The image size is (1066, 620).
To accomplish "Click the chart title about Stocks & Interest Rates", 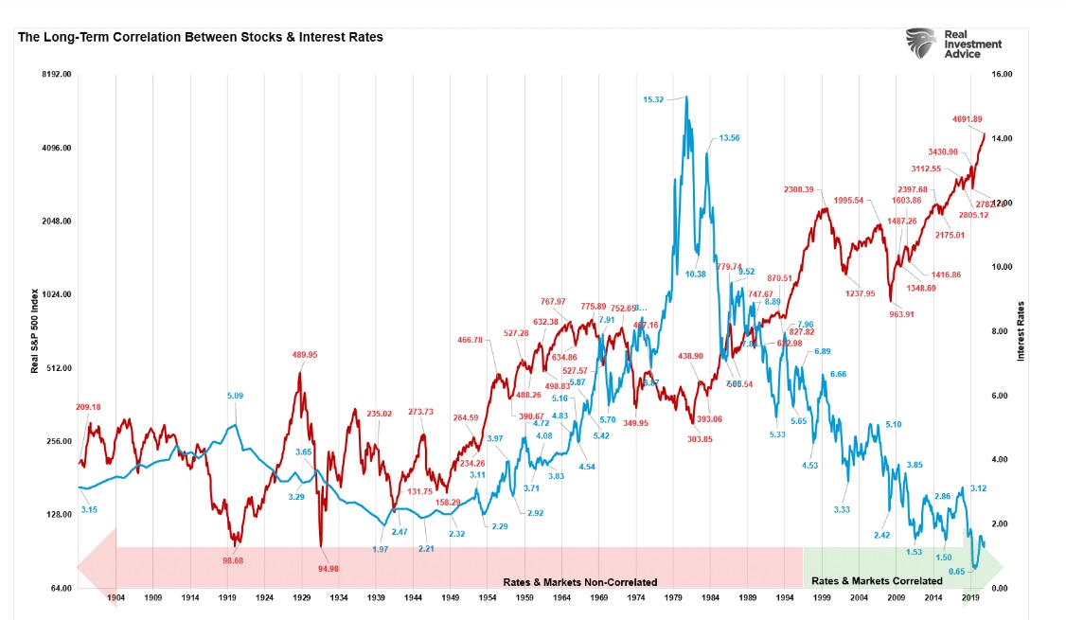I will [200, 37].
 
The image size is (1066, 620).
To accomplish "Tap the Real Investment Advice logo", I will [953, 44].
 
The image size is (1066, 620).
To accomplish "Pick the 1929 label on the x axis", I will [303, 598].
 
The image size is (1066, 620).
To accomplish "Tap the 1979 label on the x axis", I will [674, 598].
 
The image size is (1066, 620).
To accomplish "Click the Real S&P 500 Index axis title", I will [35, 331].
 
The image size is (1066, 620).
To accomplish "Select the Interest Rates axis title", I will [1022, 331].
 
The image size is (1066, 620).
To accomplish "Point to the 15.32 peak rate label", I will [653, 99].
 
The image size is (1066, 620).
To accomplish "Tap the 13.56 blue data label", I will [729, 138].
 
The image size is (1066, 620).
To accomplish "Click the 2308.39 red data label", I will [798, 189].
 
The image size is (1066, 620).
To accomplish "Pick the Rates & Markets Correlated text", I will [877, 580].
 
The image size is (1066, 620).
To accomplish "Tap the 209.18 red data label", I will [88, 407].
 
